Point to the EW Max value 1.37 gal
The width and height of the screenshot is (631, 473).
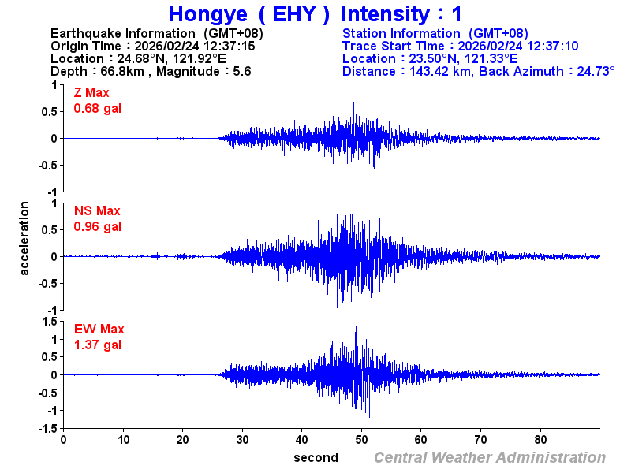[98, 345]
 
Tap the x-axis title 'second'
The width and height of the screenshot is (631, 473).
[315, 457]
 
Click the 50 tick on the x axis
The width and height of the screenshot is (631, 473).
[362, 439]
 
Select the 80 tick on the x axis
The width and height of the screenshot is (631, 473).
[541, 439]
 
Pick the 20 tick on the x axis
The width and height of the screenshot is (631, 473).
[182, 439]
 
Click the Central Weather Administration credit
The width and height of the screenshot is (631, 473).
[490, 457]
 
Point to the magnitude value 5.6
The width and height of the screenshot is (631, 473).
[241, 71]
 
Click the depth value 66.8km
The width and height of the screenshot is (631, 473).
[125, 71]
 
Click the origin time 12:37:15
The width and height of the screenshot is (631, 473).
[228, 46]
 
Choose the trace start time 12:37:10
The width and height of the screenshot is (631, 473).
[552, 46]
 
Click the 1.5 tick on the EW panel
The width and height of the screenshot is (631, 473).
[48, 321]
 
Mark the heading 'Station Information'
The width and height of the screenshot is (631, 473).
[401, 33]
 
